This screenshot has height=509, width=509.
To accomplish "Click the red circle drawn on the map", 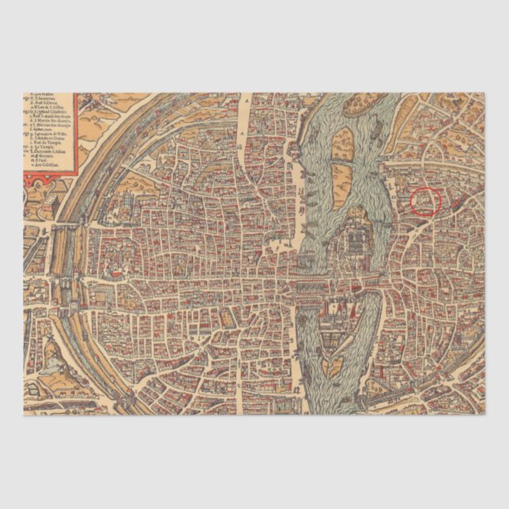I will coord(426,201).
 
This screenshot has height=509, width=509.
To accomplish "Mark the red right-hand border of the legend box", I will coord(75,134).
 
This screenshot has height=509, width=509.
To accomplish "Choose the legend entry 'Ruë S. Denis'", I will coord(43,103).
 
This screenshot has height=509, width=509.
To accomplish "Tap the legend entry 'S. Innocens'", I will coord(43,98).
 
